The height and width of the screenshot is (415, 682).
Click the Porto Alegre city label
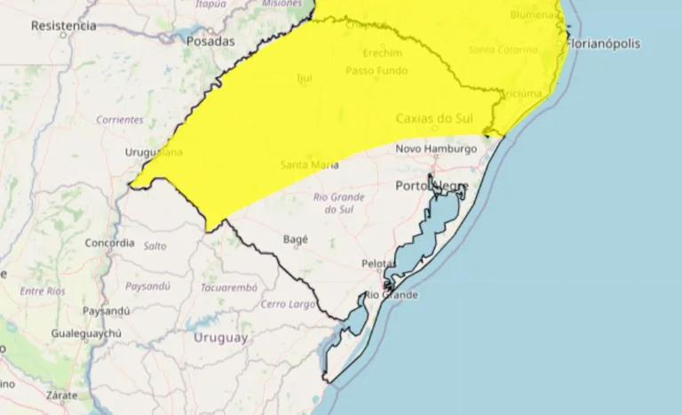(431, 187)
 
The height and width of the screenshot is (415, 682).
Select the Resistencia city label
(63, 26)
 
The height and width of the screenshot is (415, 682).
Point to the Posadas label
(210, 41)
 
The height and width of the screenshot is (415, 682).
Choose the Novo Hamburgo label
(436, 148)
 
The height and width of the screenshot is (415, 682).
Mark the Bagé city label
(295, 240)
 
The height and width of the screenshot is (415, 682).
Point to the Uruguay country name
(220, 338)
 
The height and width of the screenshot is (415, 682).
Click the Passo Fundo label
(372, 70)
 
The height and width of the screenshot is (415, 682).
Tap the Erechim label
(382, 52)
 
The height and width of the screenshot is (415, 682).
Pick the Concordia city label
(110, 243)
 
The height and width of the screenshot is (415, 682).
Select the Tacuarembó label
(229, 288)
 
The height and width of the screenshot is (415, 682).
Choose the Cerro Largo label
(289, 304)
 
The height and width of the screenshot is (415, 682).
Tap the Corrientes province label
(120, 119)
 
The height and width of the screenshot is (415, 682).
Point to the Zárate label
(62, 395)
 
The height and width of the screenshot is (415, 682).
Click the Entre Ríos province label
(43, 291)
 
